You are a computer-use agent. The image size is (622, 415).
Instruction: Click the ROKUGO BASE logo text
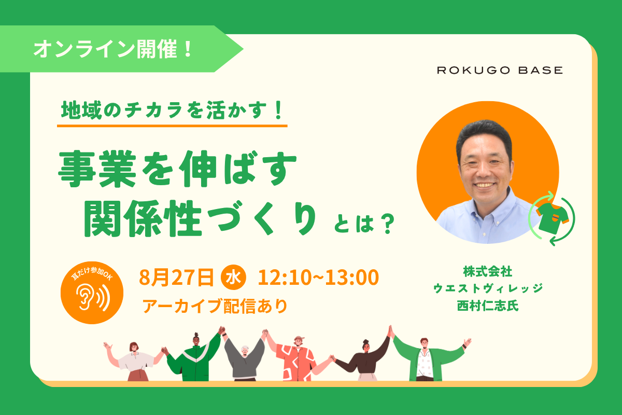point(500,70)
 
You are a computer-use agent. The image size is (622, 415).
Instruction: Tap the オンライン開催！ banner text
point(113,49)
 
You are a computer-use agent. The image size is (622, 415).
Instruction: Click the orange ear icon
point(92,293)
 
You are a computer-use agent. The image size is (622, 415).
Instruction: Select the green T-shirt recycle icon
point(552,218)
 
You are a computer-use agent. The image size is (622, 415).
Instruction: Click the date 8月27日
point(177,277)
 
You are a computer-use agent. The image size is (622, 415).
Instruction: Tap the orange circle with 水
point(233,277)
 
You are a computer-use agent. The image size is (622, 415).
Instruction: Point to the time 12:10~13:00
point(318,277)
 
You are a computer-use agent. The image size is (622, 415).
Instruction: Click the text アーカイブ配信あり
point(215,306)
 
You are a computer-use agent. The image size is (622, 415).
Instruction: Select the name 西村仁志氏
point(488,306)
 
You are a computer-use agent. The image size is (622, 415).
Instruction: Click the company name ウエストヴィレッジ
point(488,288)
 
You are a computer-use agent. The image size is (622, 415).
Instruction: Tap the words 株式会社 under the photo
point(488,272)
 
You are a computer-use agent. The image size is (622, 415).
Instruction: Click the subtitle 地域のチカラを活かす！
point(172,110)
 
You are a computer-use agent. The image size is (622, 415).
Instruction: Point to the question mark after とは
point(388,224)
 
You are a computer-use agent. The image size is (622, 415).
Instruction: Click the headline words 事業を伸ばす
point(177,169)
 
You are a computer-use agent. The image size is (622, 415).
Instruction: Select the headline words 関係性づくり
point(201,218)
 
